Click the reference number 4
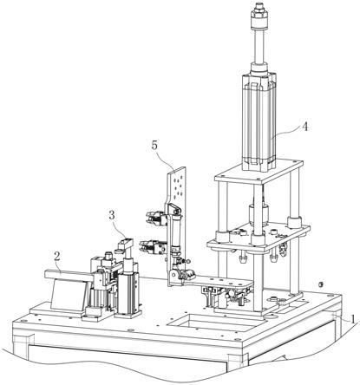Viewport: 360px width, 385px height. [x=304, y=127]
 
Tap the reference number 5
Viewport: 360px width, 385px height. [x=154, y=146]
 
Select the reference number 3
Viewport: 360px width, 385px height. [x=112, y=215]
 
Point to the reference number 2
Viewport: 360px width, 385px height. [x=57, y=256]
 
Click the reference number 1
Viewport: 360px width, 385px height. [x=352, y=319]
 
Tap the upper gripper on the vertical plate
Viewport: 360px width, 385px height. [x=156, y=218]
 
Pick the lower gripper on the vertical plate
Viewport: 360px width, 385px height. [x=153, y=246]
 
